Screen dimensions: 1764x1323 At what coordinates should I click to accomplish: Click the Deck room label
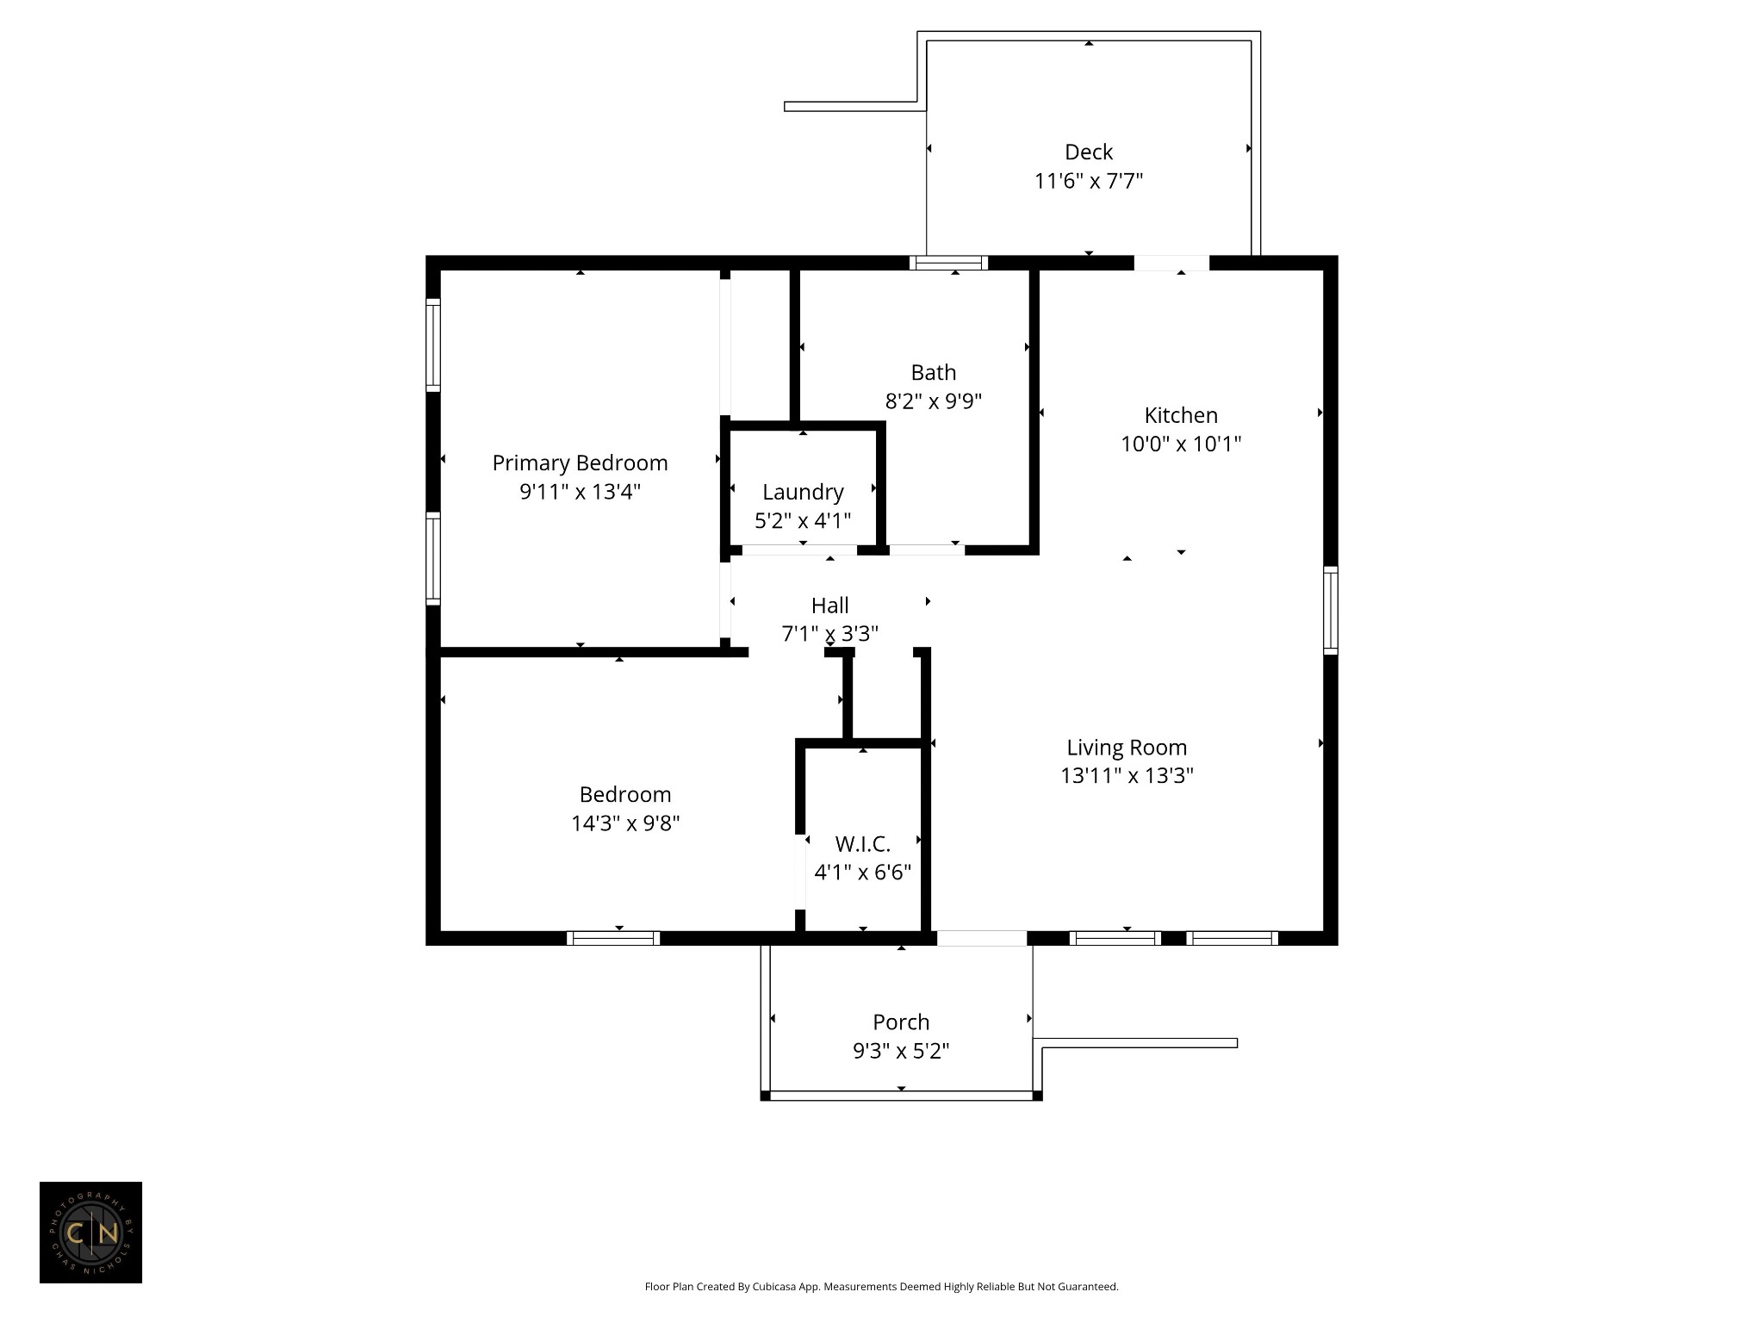coord(1089,152)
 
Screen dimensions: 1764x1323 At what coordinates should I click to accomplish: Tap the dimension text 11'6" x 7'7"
coord(1089,181)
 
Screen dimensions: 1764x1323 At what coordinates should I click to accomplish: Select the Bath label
coord(934,372)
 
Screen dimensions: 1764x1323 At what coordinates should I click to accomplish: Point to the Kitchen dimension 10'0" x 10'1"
coord(1181,444)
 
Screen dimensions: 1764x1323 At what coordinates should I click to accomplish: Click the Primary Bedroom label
coord(580,463)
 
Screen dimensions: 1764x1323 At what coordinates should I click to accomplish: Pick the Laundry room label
coord(803,492)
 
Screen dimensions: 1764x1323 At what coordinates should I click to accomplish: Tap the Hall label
coord(830,606)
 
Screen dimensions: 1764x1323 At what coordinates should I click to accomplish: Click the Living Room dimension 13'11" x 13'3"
coord(1127,776)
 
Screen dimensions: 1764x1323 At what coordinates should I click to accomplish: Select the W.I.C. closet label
coord(863,844)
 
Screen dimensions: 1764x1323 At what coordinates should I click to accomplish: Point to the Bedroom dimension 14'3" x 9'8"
coord(625,823)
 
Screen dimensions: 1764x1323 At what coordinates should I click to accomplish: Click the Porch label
coord(901,1022)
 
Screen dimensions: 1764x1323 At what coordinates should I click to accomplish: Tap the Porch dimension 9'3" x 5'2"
coord(901,1051)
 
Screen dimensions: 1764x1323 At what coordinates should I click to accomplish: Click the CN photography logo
coord(90,1233)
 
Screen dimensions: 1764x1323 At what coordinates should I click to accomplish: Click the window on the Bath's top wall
coord(948,263)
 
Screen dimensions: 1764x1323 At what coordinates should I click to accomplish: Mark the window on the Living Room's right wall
coord(1331,610)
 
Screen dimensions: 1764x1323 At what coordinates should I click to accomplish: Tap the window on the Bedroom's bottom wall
coord(613,938)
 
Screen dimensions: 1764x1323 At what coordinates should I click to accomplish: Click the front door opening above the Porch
coord(982,938)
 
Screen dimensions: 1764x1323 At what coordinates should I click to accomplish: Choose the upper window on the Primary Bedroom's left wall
coord(433,345)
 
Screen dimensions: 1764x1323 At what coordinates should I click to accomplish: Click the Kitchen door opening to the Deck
coord(1171,263)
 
